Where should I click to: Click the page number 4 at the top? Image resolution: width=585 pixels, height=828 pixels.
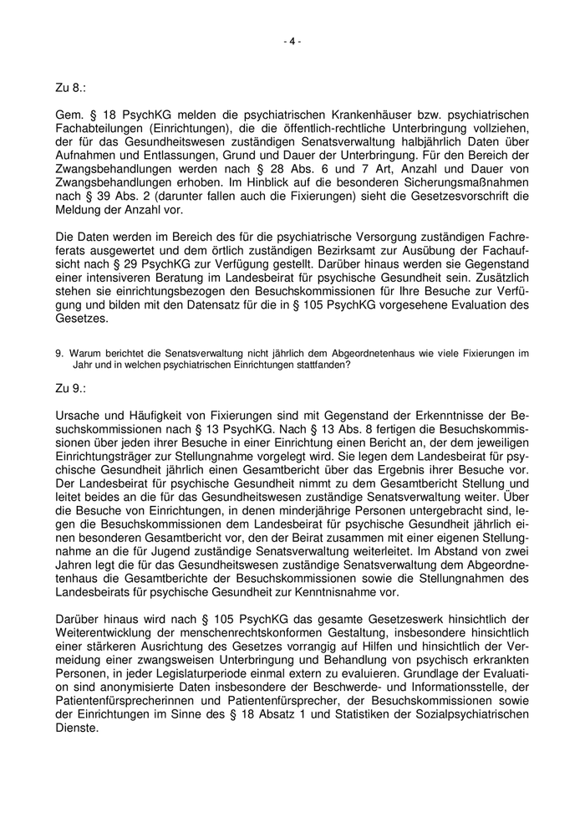pyautogui.click(x=292, y=41)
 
